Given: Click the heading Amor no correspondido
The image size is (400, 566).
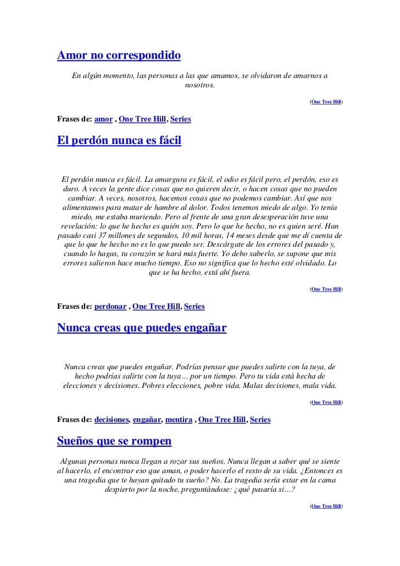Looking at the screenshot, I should pos(119,56).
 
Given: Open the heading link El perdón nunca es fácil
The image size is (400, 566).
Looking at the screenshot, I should pos(119,142).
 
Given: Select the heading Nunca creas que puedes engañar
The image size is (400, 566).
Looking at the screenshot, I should pos(142,328).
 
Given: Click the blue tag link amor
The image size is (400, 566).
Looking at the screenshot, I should pos(103,119).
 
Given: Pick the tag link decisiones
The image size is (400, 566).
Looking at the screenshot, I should pos(112,419).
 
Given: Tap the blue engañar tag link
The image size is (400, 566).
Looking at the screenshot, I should pos(147,419).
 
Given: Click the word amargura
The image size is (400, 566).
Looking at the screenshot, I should pos(175,180).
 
